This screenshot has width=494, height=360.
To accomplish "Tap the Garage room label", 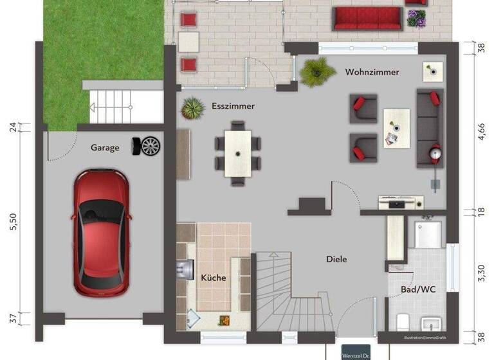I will coord(104,148).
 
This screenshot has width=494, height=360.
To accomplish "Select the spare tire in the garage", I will coord(147,146).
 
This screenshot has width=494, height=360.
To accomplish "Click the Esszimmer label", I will coord(233,106).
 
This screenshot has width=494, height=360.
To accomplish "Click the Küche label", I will coord(214,278).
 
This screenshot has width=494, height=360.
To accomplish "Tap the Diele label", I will coord(336,259).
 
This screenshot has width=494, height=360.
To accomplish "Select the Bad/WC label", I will coord(419,289).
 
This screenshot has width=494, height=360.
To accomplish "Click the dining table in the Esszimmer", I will coord(237,153).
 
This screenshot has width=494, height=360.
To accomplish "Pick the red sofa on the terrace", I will coord(367,18).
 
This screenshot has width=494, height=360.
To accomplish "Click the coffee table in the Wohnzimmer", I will coord(396,127).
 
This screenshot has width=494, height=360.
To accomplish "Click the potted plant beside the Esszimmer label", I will coord(192,107).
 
